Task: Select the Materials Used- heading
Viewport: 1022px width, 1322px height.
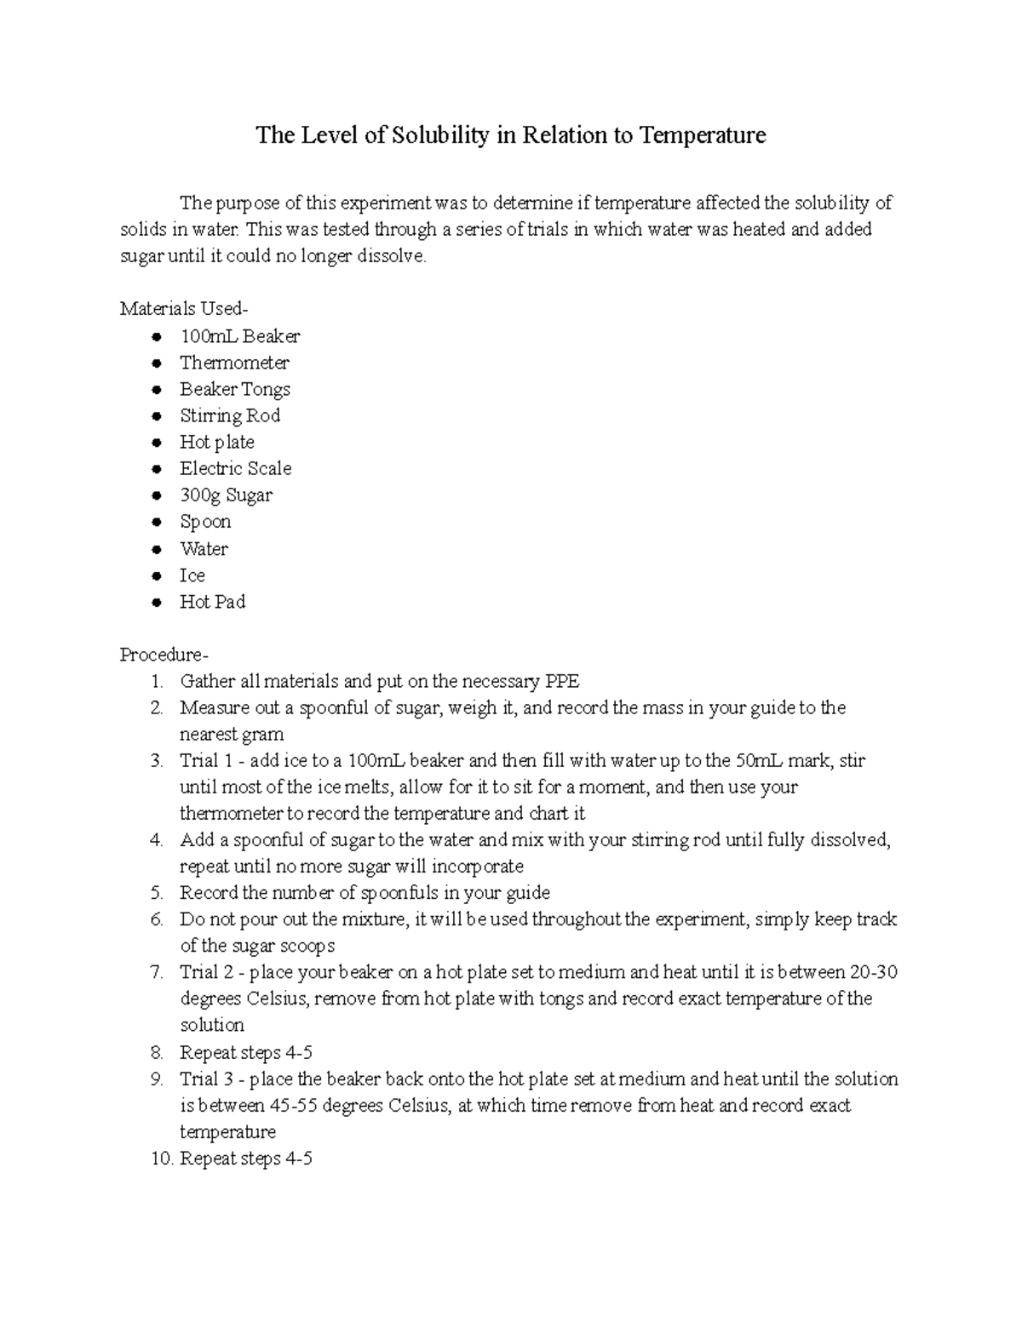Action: (184, 308)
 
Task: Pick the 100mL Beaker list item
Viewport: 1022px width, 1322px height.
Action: (239, 336)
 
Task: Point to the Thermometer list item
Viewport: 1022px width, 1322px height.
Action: (234, 363)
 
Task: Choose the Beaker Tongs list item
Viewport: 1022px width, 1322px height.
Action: (234, 389)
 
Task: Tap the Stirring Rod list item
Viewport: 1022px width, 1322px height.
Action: (229, 415)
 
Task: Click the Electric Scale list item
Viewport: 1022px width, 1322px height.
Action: (235, 468)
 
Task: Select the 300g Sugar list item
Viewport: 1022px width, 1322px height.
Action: (226, 495)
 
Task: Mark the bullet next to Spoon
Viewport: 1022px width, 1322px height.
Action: (156, 523)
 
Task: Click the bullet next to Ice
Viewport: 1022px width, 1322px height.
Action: (156, 576)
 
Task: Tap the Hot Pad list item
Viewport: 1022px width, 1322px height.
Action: (212, 602)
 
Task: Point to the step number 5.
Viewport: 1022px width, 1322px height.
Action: (155, 893)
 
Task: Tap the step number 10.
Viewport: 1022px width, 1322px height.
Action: (161, 1159)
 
